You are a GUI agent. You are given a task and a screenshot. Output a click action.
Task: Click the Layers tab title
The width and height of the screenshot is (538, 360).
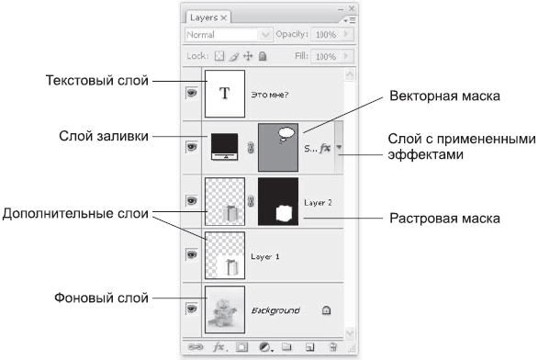pos(204,17)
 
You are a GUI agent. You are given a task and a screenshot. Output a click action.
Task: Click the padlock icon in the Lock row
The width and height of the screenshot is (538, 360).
pos(263,56)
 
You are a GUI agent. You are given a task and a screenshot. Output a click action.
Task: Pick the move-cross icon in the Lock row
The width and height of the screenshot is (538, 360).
pos(248,56)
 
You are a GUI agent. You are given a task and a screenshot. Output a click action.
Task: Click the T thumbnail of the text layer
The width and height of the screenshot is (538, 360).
pos(225,94)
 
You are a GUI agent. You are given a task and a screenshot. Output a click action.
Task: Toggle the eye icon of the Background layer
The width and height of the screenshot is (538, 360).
pos(192,309)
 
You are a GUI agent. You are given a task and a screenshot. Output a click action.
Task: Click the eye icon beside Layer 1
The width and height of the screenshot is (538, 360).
pos(192,254)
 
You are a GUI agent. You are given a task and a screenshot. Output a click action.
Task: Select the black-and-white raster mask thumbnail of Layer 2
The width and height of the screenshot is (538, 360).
pos(278,201)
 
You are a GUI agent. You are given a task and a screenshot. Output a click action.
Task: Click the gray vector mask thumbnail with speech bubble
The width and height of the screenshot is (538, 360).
pos(278,148)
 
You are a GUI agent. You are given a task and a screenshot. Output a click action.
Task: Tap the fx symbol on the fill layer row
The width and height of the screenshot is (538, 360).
pos(325,148)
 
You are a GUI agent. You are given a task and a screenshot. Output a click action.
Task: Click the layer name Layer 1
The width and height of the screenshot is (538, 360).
pos(265,257)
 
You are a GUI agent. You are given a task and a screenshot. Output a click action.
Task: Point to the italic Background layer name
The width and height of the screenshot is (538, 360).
pos(275,310)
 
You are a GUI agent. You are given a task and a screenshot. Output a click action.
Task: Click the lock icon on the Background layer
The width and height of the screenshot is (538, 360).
pos(326,310)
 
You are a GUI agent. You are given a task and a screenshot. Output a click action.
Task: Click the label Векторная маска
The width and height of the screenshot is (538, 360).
pos(444,96)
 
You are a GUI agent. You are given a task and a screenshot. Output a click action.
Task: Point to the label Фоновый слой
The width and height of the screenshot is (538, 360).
pos(101,298)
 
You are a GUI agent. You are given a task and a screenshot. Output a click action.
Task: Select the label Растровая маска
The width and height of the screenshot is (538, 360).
pos(444,219)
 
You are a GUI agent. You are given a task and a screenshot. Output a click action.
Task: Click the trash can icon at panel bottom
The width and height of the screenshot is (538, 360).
pos(332,347)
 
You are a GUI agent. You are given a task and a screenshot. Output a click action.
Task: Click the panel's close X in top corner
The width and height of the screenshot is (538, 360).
pos(352,8)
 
